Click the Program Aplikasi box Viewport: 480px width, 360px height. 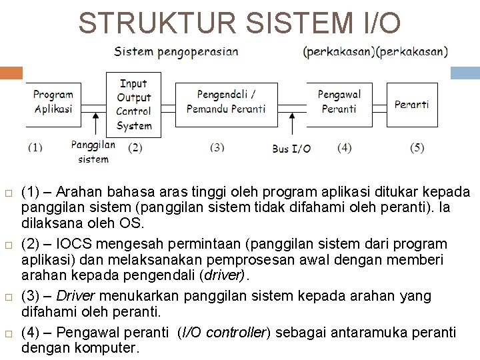[53, 103]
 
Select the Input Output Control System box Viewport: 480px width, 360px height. [134, 105]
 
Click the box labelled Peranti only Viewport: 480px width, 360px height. [411, 104]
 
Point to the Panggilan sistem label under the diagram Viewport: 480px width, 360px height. [93, 151]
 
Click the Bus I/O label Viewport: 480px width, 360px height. [291, 149]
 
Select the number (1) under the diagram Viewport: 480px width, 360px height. [35, 147]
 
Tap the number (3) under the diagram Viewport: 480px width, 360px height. [217, 147]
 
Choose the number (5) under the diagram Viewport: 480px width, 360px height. [417, 147]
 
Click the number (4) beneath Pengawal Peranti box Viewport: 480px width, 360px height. [345, 147]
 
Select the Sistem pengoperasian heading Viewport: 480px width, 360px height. [176, 52]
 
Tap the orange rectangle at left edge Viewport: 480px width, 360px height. [11, 73]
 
